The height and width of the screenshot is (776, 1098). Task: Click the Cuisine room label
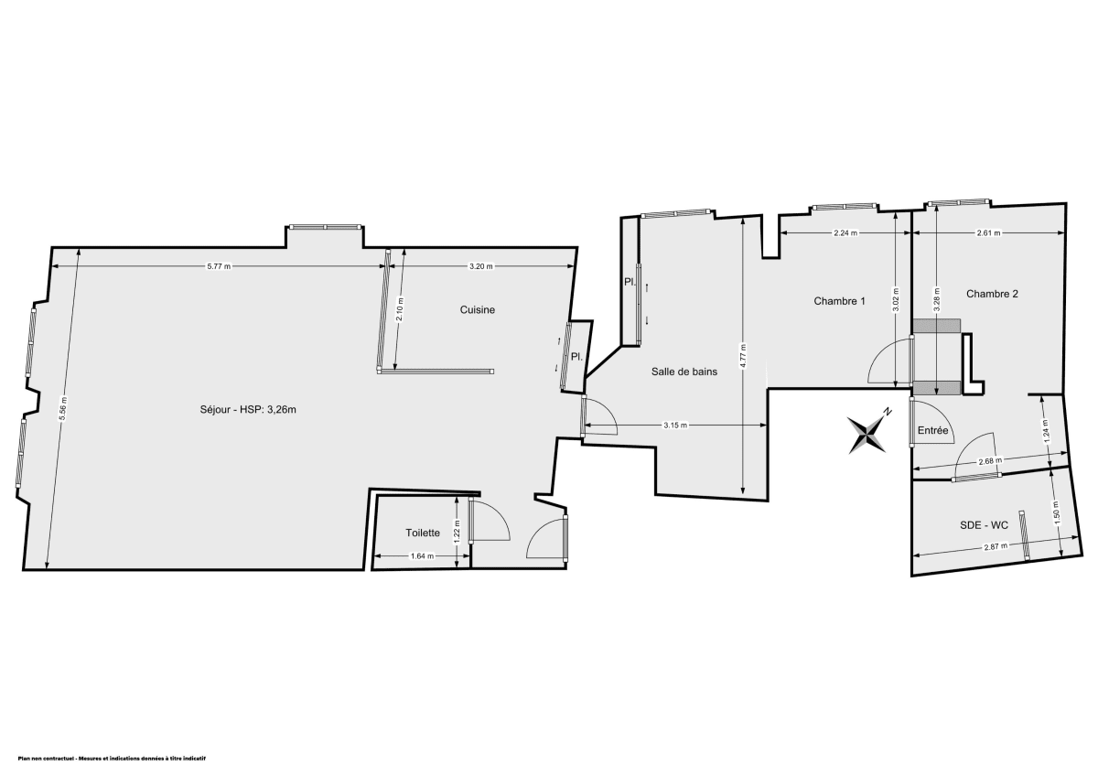tap(477, 310)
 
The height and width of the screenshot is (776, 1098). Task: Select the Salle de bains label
tap(684, 372)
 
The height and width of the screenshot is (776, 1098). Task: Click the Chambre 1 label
tap(839, 301)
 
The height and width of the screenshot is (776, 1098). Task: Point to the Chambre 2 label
tap(992, 294)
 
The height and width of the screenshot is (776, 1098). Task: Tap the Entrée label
tap(932, 431)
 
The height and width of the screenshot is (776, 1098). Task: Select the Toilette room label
tap(423, 533)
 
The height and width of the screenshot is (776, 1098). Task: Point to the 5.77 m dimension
tap(219, 266)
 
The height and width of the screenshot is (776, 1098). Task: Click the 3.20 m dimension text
tap(481, 266)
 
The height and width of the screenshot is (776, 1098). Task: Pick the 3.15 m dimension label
tap(675, 426)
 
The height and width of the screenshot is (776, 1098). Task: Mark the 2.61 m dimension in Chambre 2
tap(988, 233)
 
